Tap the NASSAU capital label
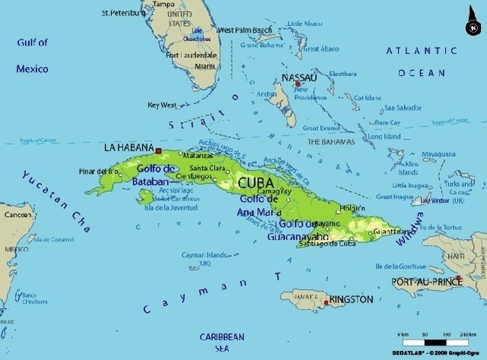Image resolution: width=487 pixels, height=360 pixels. coord(299,78)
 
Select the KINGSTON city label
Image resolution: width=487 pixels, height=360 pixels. coord(351,300)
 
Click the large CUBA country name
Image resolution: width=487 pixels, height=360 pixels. coord(257,183)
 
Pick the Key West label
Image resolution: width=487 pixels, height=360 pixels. coord(162,105)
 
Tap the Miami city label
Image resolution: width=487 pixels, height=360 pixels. coord(205,66)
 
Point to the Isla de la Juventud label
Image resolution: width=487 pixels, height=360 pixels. coord(170,208)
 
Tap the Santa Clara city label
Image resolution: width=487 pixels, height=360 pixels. coord(206,168)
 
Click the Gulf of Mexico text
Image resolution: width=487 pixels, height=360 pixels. coord(32,56)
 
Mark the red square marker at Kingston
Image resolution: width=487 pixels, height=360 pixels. coord(326,303)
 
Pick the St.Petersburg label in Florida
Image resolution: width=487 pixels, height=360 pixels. coord(125,13)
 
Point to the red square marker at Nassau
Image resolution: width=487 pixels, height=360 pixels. coord(287,84)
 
